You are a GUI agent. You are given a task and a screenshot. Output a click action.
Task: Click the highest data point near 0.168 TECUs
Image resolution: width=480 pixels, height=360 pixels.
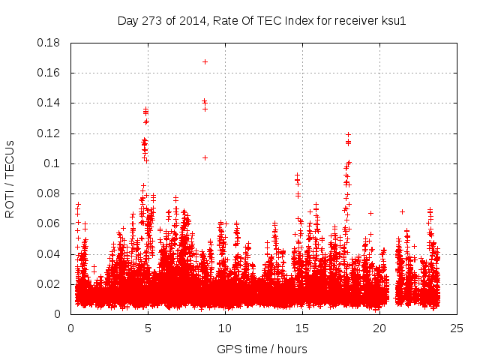(205, 61)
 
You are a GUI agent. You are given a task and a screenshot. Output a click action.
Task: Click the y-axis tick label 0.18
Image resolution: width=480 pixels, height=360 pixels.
(49, 43)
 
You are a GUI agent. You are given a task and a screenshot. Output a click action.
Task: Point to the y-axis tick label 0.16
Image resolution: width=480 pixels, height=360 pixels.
(49, 73)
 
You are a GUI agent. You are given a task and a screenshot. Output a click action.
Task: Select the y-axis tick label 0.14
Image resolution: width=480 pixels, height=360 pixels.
(49, 103)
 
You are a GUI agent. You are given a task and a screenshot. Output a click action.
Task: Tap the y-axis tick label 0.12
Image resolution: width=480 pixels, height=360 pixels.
(49, 133)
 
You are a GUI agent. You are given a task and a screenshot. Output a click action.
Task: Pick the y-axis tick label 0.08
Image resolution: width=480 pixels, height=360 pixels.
(49, 193)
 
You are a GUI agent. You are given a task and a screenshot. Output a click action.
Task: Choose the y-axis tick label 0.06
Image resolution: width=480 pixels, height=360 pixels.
(49, 223)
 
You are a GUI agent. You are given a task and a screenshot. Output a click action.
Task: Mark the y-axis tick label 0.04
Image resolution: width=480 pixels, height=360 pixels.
(49, 254)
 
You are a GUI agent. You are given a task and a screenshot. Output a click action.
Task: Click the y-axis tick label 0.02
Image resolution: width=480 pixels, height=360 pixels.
(49, 284)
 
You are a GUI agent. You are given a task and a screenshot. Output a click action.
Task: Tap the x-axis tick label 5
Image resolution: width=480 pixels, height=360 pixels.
(148, 328)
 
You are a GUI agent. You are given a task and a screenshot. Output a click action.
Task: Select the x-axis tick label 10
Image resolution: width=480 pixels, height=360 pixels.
(225, 328)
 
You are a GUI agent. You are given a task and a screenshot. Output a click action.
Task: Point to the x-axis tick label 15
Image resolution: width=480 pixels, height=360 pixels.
(302, 328)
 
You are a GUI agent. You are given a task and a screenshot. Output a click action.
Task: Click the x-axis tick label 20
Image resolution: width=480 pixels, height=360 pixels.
(379, 328)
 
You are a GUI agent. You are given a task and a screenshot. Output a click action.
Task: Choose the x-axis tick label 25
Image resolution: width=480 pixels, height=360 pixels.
(457, 328)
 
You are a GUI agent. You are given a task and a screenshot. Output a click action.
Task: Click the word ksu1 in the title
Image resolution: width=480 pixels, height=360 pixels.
(392, 20)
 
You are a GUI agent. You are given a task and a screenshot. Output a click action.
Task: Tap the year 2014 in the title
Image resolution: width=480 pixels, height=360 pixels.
(191, 20)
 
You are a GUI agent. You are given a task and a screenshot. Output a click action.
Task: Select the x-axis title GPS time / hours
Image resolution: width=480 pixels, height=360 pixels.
(262, 349)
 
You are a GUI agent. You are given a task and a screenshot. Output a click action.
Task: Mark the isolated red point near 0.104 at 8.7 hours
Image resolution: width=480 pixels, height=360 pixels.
(205, 157)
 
